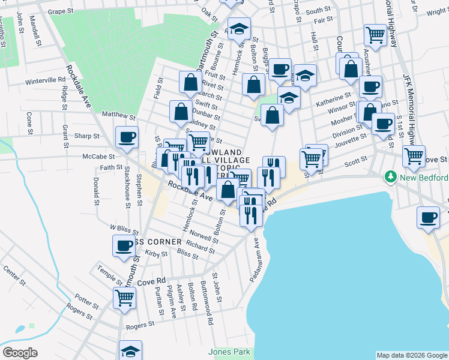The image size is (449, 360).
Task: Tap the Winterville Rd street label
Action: tap(45, 80)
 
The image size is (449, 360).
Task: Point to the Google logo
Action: tap(20, 353)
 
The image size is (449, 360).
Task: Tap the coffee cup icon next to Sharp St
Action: tap(127, 137)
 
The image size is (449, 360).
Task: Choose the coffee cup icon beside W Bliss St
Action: tap(124, 246)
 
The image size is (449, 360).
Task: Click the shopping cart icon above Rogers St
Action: tap(125, 298)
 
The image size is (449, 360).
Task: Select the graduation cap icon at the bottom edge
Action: tap(130, 351)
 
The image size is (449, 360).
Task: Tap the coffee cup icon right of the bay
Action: tap(429, 218)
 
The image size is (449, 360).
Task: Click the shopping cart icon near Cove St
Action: tap(414, 157)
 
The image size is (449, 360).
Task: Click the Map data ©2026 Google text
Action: tap(411, 355)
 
